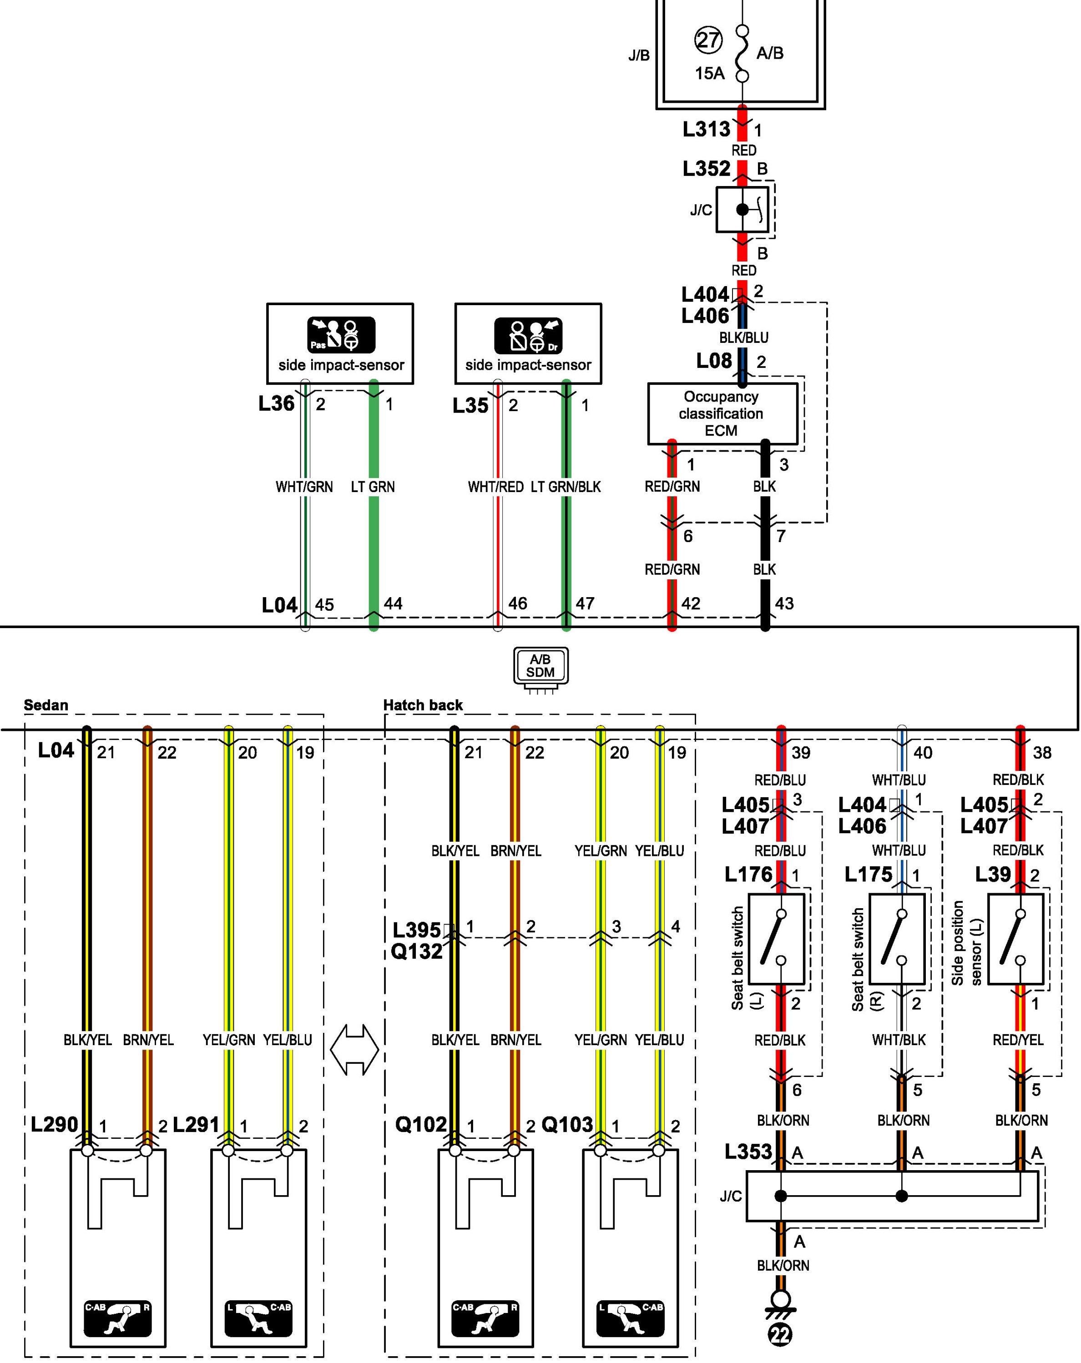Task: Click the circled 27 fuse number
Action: point(708,40)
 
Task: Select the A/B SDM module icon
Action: point(540,666)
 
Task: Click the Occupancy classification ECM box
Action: point(722,413)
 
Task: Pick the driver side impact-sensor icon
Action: point(528,335)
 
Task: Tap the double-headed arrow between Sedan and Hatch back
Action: point(354,1050)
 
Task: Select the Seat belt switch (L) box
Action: point(776,938)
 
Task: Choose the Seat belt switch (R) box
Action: point(896,938)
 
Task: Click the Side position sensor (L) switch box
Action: point(1015,938)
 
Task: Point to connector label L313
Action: point(706,130)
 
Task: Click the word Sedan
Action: point(45,705)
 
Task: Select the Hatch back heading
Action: point(423,705)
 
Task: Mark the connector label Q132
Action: point(416,951)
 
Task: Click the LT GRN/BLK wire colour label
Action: point(566,487)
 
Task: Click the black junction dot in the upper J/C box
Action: point(742,209)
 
